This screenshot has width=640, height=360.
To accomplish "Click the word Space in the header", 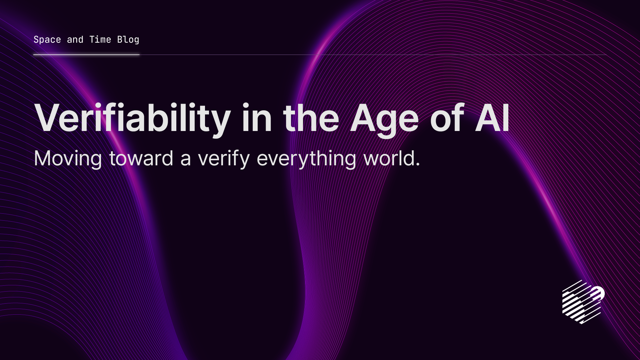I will point(47,40).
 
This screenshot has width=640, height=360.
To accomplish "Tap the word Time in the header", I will point(100,40).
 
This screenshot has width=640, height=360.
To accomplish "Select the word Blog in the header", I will point(128,40).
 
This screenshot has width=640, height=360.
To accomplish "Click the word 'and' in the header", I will point(75,40).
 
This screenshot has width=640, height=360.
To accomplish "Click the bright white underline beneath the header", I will point(86,55).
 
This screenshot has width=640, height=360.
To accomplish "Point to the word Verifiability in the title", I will point(132,118).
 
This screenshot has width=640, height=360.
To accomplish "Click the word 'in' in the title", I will point(257,118).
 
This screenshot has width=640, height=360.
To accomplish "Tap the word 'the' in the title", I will point(311,118).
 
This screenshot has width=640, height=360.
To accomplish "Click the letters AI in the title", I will point(492,118).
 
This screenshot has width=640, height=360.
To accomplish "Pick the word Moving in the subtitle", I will point(68,159).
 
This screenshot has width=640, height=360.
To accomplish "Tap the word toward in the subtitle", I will point(141,159).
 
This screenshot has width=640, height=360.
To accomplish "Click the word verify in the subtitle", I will point(224,159).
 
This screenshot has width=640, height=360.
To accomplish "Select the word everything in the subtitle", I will point(306,159).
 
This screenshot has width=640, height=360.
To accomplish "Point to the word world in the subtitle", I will point(389,158).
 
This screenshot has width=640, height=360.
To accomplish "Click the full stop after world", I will point(418,165).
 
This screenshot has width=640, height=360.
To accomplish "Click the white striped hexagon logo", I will point(583,302).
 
